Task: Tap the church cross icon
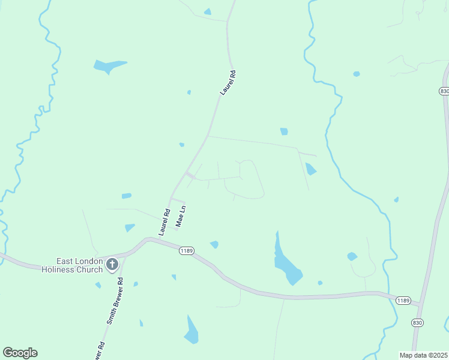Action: [x=112, y=264]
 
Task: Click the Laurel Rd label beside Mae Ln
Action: [x=164, y=221]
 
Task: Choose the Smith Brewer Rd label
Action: [x=115, y=301]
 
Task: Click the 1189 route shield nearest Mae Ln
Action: [x=186, y=251]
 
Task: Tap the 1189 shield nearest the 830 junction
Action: [x=403, y=300]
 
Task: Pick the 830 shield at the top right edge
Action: [x=443, y=91]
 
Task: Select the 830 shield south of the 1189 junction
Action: [x=417, y=322]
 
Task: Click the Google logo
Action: [x=20, y=353]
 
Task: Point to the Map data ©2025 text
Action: [x=423, y=355]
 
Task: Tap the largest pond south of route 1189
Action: [x=191, y=331]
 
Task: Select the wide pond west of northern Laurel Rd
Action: [x=109, y=65]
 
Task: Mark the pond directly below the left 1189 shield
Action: [x=214, y=244]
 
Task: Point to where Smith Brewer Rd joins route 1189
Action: [x=123, y=255]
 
